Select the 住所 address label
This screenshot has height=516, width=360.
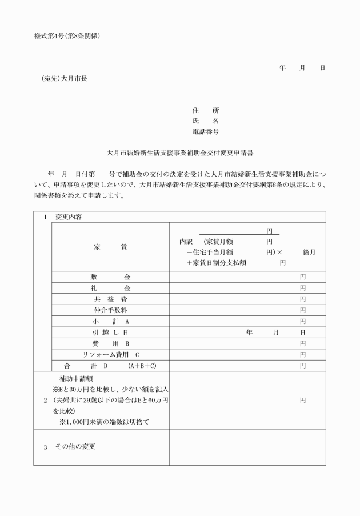point(206,110)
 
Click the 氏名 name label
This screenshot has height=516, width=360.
point(206,121)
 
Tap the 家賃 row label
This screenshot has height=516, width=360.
point(110,247)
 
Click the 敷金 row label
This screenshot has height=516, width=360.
point(110,277)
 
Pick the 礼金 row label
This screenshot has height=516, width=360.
point(110,287)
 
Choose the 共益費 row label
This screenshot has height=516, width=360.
point(110,299)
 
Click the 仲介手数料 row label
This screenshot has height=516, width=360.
point(110,310)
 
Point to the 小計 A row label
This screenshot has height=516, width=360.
point(110,321)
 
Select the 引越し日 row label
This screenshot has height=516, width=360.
point(110,332)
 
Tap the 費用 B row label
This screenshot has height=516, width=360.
point(110,343)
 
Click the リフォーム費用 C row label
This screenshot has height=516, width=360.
point(110,354)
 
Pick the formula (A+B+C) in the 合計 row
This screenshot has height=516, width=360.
point(142,366)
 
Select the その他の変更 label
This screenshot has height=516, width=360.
point(75,446)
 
